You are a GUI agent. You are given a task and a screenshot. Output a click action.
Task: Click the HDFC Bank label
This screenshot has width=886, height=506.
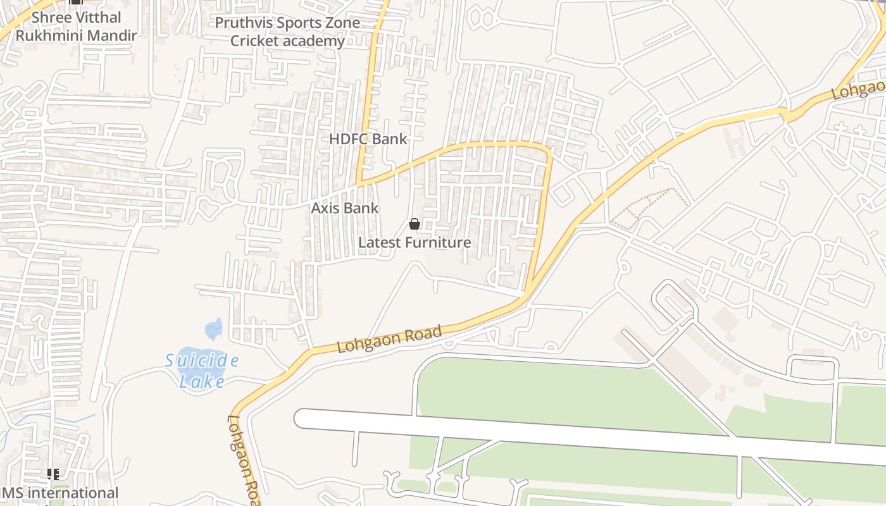[368, 139]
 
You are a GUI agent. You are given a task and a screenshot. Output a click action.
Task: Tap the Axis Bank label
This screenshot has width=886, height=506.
[344, 208]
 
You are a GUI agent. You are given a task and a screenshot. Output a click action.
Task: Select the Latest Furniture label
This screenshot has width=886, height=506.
[415, 242]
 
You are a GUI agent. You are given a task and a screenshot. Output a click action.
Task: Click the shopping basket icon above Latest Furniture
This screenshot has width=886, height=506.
[415, 224]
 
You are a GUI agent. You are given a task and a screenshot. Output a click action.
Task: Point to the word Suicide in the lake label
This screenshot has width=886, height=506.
[202, 361]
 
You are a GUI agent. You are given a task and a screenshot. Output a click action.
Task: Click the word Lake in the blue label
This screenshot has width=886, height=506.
[202, 381]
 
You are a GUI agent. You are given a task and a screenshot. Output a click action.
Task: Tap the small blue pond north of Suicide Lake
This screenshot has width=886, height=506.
[214, 329]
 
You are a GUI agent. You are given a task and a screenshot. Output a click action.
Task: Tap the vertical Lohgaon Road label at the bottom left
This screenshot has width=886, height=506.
[244, 459]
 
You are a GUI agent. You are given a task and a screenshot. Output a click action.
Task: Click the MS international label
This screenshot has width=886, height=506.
[59, 493]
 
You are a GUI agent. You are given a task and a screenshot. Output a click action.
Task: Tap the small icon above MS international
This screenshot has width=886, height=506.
[53, 474]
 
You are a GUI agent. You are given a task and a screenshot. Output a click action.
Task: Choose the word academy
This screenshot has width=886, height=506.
[315, 41]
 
